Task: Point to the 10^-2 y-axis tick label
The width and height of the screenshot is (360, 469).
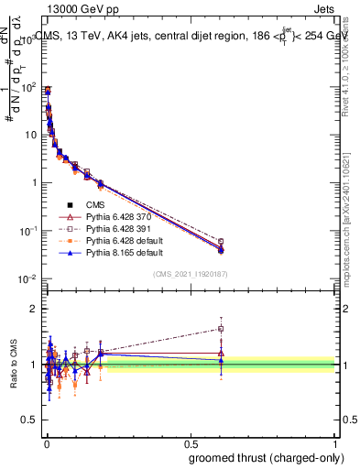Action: (26, 278)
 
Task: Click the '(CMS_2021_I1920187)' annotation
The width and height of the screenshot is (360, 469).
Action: (190, 273)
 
